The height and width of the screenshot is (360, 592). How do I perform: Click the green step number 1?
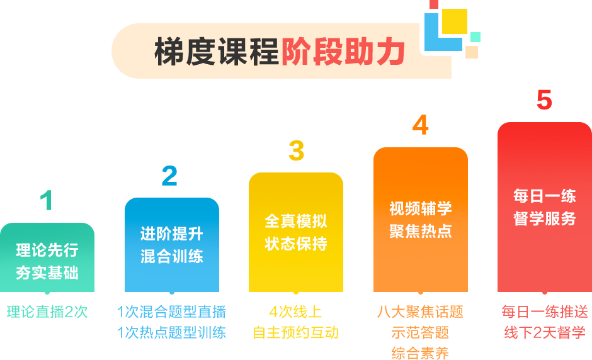[45, 200]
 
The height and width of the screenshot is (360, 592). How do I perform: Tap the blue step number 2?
[169, 175]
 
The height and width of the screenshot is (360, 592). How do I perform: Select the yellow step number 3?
[296, 150]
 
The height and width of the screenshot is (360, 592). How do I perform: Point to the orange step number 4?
[421, 125]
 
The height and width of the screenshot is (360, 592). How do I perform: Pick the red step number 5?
[544, 100]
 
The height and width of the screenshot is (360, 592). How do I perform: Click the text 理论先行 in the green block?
[47, 250]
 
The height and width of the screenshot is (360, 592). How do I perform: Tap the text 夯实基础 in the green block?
[47, 273]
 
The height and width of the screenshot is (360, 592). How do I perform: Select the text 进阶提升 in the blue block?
[171, 234]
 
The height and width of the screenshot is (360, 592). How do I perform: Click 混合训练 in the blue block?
[171, 257]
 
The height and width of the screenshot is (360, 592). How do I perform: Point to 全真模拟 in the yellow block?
[296, 221]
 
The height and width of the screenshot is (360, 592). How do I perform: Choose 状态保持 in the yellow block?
[296, 244]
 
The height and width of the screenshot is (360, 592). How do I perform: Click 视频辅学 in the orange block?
[421, 208]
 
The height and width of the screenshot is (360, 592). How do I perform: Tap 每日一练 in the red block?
[545, 196]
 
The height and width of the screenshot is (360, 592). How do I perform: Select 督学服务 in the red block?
[545, 219]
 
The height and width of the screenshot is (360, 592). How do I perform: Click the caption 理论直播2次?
[47, 312]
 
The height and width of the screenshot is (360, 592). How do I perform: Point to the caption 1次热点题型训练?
[171, 332]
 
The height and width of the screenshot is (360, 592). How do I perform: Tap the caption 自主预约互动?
[296, 332]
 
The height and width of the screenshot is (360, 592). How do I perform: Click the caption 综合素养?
[420, 352]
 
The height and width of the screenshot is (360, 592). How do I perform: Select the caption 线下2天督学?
[545, 332]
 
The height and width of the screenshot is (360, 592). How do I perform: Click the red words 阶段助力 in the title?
[343, 52]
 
